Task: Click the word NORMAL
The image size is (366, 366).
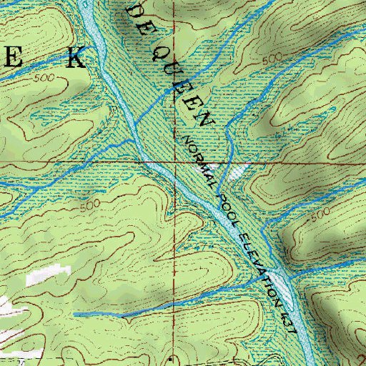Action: coord(199,159)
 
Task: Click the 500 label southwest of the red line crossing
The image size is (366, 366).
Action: coord(89,206)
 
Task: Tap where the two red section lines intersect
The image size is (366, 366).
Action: coord(177,162)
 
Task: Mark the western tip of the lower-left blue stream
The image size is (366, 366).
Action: coord(75,314)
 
